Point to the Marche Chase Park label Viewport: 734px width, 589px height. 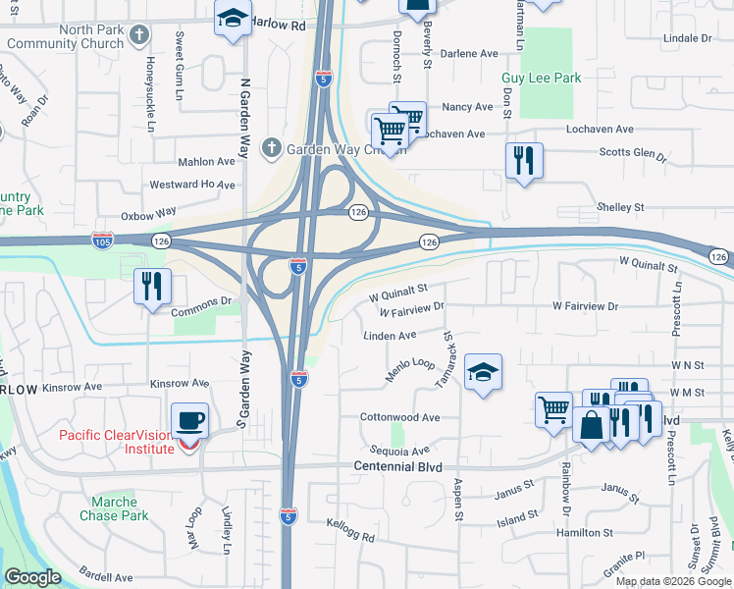pos(114,509)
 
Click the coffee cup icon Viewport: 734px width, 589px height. pos(190,421)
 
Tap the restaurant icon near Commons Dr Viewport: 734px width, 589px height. pos(152,286)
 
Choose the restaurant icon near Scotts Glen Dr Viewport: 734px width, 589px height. pos(524,160)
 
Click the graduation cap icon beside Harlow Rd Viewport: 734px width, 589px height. pos(233,19)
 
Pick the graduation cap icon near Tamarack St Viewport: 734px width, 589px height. pos(483,372)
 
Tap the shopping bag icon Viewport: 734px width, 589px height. pos(593,426)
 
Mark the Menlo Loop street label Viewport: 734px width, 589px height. pos(410,369)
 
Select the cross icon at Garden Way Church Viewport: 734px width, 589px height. pos(276,149)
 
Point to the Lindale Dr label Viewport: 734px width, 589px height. pos(687,37)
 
